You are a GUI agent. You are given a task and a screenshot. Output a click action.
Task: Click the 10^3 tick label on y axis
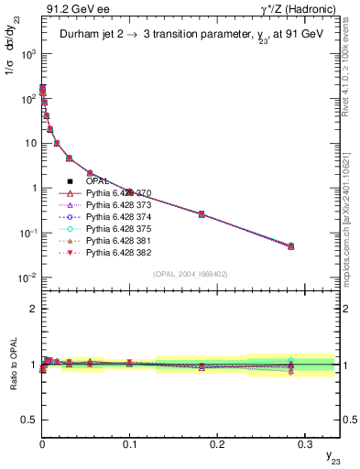coord(26,54)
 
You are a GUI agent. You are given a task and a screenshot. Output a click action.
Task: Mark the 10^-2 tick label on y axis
coord(25,278)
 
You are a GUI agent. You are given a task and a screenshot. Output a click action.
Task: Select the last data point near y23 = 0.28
coord(290,245)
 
